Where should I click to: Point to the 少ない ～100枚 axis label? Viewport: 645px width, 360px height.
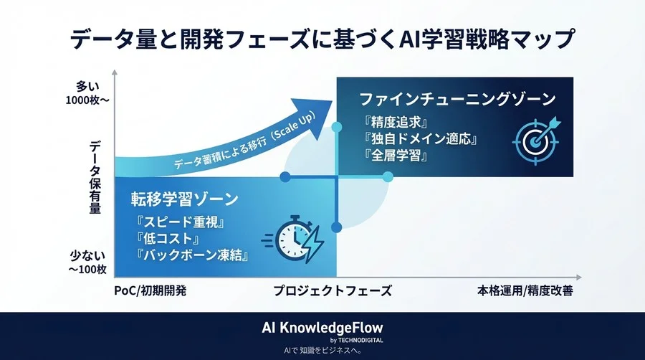coord(89,262)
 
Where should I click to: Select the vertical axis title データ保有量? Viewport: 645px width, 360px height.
coord(95,177)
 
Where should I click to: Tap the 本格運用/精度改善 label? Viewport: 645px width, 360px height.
coord(525,291)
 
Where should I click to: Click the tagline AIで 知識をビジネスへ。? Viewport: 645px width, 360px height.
coord(322,351)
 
